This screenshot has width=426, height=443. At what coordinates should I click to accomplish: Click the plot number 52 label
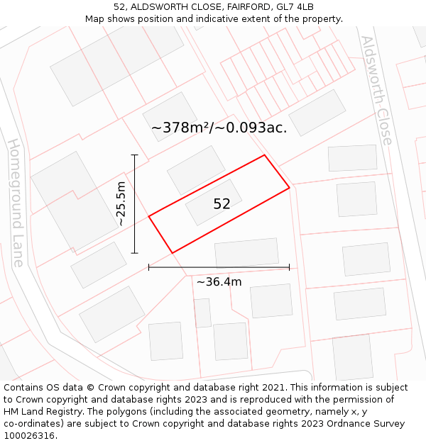click(x=222, y=204)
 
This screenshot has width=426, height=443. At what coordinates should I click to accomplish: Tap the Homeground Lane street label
click(x=16, y=202)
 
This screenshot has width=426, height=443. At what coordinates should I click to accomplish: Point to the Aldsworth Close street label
click(x=376, y=90)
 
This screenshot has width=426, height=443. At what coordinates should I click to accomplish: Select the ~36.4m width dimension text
click(x=219, y=282)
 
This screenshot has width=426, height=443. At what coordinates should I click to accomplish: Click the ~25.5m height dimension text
click(x=121, y=203)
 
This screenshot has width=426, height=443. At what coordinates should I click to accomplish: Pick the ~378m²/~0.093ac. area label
click(x=219, y=128)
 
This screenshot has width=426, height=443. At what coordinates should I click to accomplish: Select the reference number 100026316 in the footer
click(x=30, y=436)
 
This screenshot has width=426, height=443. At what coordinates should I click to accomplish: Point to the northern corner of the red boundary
click(x=265, y=155)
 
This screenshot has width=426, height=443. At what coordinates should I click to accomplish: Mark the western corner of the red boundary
click(x=148, y=216)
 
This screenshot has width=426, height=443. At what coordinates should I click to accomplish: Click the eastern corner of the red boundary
click(x=289, y=188)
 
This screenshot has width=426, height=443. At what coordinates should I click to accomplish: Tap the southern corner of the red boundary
click(x=173, y=252)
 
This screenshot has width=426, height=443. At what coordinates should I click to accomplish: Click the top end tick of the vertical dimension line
click(x=135, y=155)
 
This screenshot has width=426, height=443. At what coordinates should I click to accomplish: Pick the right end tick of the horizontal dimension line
click(x=289, y=267)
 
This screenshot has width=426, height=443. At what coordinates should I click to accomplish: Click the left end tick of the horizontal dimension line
click(x=148, y=267)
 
